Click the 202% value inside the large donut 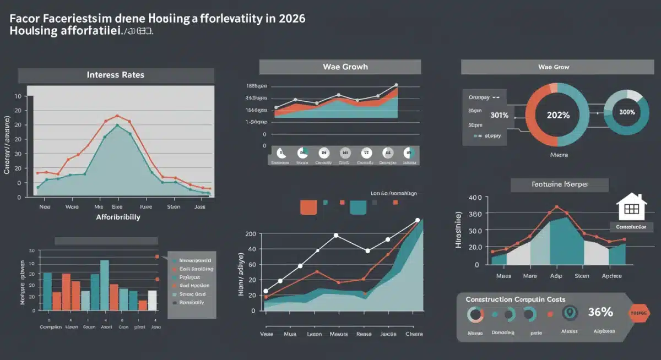coord(559,115)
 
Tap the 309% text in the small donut coord(627,112)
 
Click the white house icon coord(631,207)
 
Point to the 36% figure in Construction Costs coord(600,312)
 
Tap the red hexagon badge coord(639,313)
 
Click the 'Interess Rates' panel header coord(116,75)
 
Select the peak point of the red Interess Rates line coord(117,116)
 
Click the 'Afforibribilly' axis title coord(118,217)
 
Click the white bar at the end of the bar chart coord(152,300)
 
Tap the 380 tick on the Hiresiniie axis coord(474,214)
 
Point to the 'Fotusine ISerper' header coord(559,185)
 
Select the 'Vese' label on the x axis coord(266,334)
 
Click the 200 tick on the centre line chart coord(251,234)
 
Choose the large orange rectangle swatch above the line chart coord(308,207)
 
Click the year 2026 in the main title coord(291,18)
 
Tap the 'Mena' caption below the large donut coord(559,155)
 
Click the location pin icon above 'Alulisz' coord(570,313)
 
